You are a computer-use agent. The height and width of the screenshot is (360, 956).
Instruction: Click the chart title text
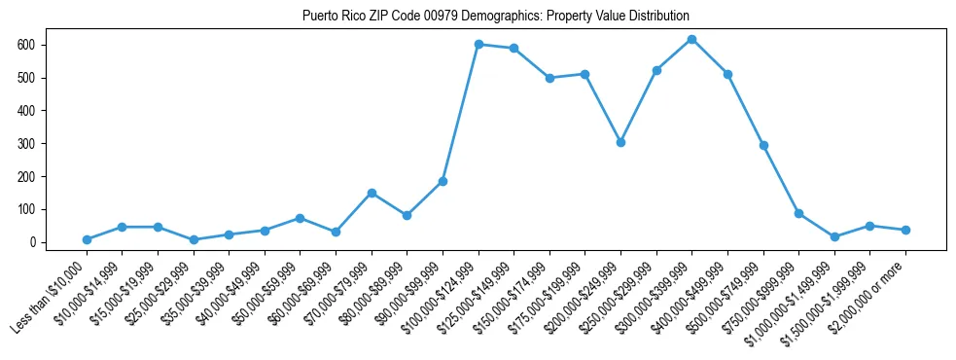tap(496, 17)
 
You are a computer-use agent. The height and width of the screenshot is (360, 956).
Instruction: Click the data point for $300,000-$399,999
tap(691, 39)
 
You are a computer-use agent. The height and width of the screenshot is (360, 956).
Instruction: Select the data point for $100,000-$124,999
tap(478, 44)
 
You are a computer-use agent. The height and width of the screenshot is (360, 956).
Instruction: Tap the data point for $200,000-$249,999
tap(620, 142)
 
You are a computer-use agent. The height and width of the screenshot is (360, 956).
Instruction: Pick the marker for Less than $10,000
tap(87, 239)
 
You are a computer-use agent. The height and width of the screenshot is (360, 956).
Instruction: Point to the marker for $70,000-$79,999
tap(372, 193)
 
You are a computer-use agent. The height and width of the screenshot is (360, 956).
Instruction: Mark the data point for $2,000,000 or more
tap(905, 230)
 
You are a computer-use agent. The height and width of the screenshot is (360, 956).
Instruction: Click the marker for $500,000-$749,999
tap(763, 145)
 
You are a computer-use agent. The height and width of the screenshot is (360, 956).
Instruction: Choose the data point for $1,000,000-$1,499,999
tap(834, 236)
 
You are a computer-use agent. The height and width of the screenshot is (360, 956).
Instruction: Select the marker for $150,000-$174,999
tap(549, 78)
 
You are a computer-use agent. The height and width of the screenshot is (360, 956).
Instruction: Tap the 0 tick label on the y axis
tap(32, 242)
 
